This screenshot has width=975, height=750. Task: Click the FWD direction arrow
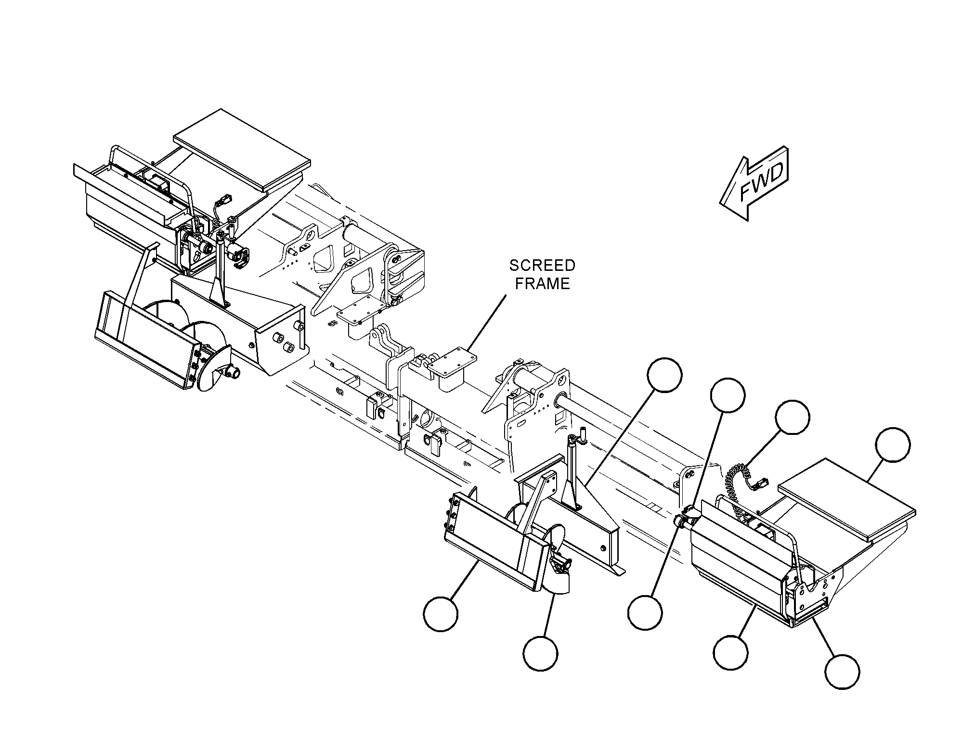(x=754, y=183)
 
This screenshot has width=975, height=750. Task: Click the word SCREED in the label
(x=542, y=266)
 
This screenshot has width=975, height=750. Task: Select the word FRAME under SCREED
(x=542, y=284)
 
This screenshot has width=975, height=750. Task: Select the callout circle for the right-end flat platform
(x=893, y=445)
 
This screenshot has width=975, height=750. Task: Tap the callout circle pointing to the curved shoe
(x=540, y=653)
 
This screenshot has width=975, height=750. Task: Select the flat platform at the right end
(x=847, y=498)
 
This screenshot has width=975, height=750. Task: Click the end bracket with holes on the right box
(x=814, y=595)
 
